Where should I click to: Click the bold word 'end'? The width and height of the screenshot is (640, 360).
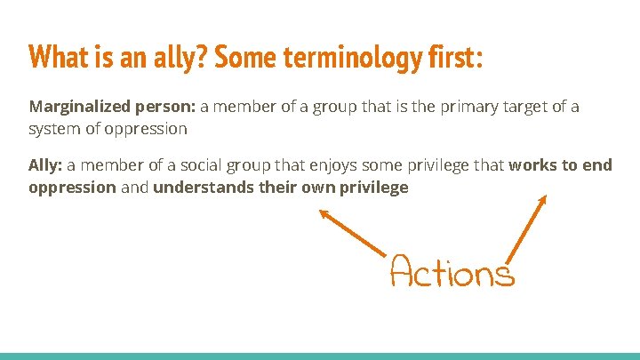[x=598, y=165]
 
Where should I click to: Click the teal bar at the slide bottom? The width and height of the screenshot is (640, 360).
[x=320, y=356]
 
